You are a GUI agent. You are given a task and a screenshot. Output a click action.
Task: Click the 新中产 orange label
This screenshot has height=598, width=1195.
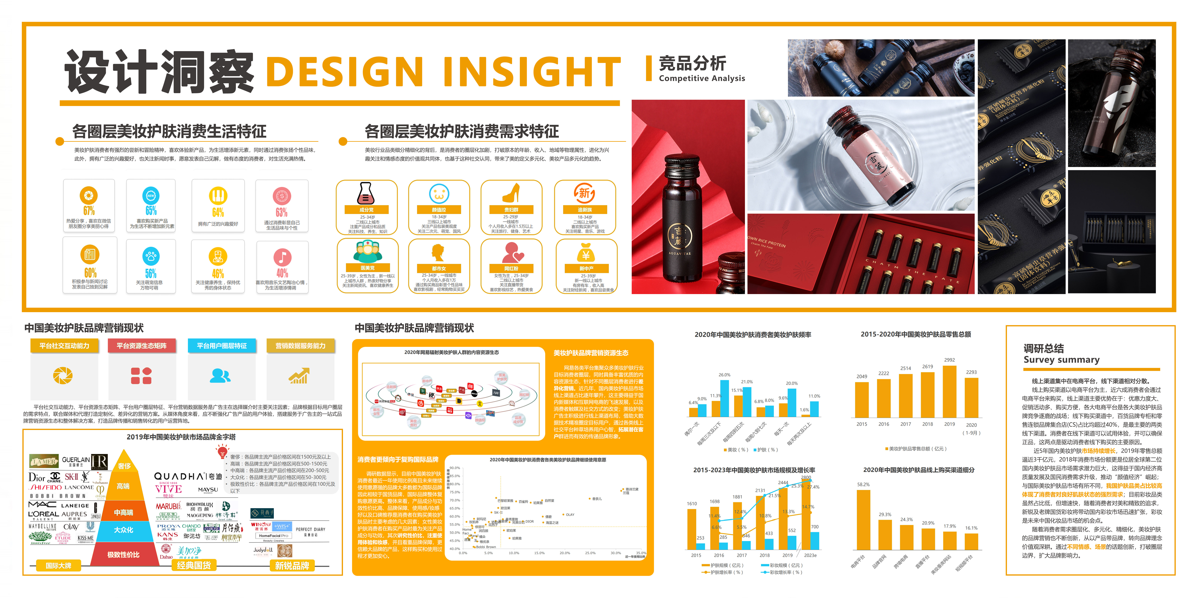click(586, 268)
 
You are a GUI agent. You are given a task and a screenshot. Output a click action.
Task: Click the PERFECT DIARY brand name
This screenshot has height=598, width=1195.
click(310, 529)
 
